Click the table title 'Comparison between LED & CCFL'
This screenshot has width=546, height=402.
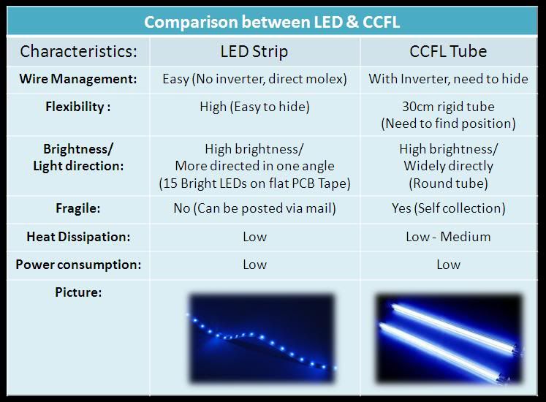pos(272,22)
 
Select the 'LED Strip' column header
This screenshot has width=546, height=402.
pos(254,52)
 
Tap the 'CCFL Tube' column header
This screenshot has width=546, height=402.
pos(448,52)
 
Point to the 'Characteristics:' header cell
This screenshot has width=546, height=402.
pos(78,52)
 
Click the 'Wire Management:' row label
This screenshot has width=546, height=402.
pos(78,79)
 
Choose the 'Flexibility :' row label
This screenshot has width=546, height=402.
pos(78,107)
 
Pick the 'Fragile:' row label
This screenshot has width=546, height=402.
pos(78,208)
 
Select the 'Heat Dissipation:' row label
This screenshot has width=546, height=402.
pos(78,237)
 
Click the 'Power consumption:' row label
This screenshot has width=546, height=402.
pos(78,265)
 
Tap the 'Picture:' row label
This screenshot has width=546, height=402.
pos(78,292)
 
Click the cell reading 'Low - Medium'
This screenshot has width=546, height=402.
pos(448,237)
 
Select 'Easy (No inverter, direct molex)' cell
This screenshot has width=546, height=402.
pos(254,79)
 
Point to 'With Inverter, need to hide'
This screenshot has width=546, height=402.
pos(449,79)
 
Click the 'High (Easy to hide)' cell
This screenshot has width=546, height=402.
pos(254,107)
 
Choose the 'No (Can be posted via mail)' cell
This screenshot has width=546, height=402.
pos(254,208)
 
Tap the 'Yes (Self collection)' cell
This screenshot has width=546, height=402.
pos(449,208)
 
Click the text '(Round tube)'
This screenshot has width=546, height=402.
pos(449,183)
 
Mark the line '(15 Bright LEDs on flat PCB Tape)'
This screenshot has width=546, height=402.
pos(254,183)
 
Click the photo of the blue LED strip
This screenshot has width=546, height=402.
pos(262,338)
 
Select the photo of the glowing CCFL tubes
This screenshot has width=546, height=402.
pos(450,338)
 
